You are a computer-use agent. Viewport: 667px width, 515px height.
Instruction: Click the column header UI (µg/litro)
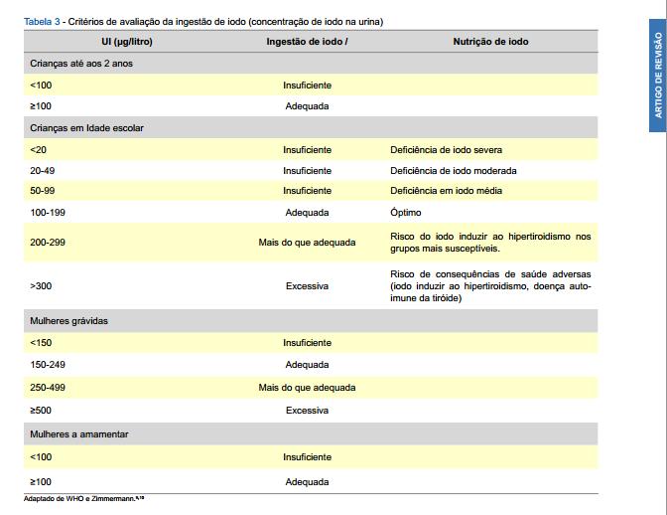(x=126, y=42)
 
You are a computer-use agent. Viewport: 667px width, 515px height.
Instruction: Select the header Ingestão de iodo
(x=307, y=42)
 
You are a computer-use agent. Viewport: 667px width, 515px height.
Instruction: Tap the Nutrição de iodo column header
(x=490, y=42)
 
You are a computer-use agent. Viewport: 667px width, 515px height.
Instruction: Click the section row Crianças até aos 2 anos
(x=81, y=64)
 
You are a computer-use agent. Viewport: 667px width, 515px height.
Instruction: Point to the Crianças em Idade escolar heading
(x=87, y=128)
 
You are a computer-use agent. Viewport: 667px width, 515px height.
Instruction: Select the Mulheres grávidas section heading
(x=69, y=321)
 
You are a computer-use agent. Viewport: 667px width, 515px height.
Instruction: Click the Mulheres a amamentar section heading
(x=79, y=434)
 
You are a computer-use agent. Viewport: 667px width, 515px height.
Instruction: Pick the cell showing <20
(x=38, y=150)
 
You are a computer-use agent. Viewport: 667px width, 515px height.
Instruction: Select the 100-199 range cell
(x=47, y=213)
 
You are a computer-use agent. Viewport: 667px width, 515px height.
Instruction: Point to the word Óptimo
(x=406, y=213)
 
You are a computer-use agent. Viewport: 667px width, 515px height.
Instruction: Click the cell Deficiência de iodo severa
(x=446, y=150)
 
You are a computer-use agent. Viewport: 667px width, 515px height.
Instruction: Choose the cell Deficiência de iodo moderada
(x=453, y=171)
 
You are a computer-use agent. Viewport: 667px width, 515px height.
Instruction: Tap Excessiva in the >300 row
(x=307, y=286)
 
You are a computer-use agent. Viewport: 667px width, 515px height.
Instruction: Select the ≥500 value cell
(x=41, y=410)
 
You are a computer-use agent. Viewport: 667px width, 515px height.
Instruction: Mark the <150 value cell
(x=41, y=343)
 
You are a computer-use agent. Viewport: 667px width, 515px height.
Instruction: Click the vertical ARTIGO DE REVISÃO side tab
(x=656, y=75)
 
